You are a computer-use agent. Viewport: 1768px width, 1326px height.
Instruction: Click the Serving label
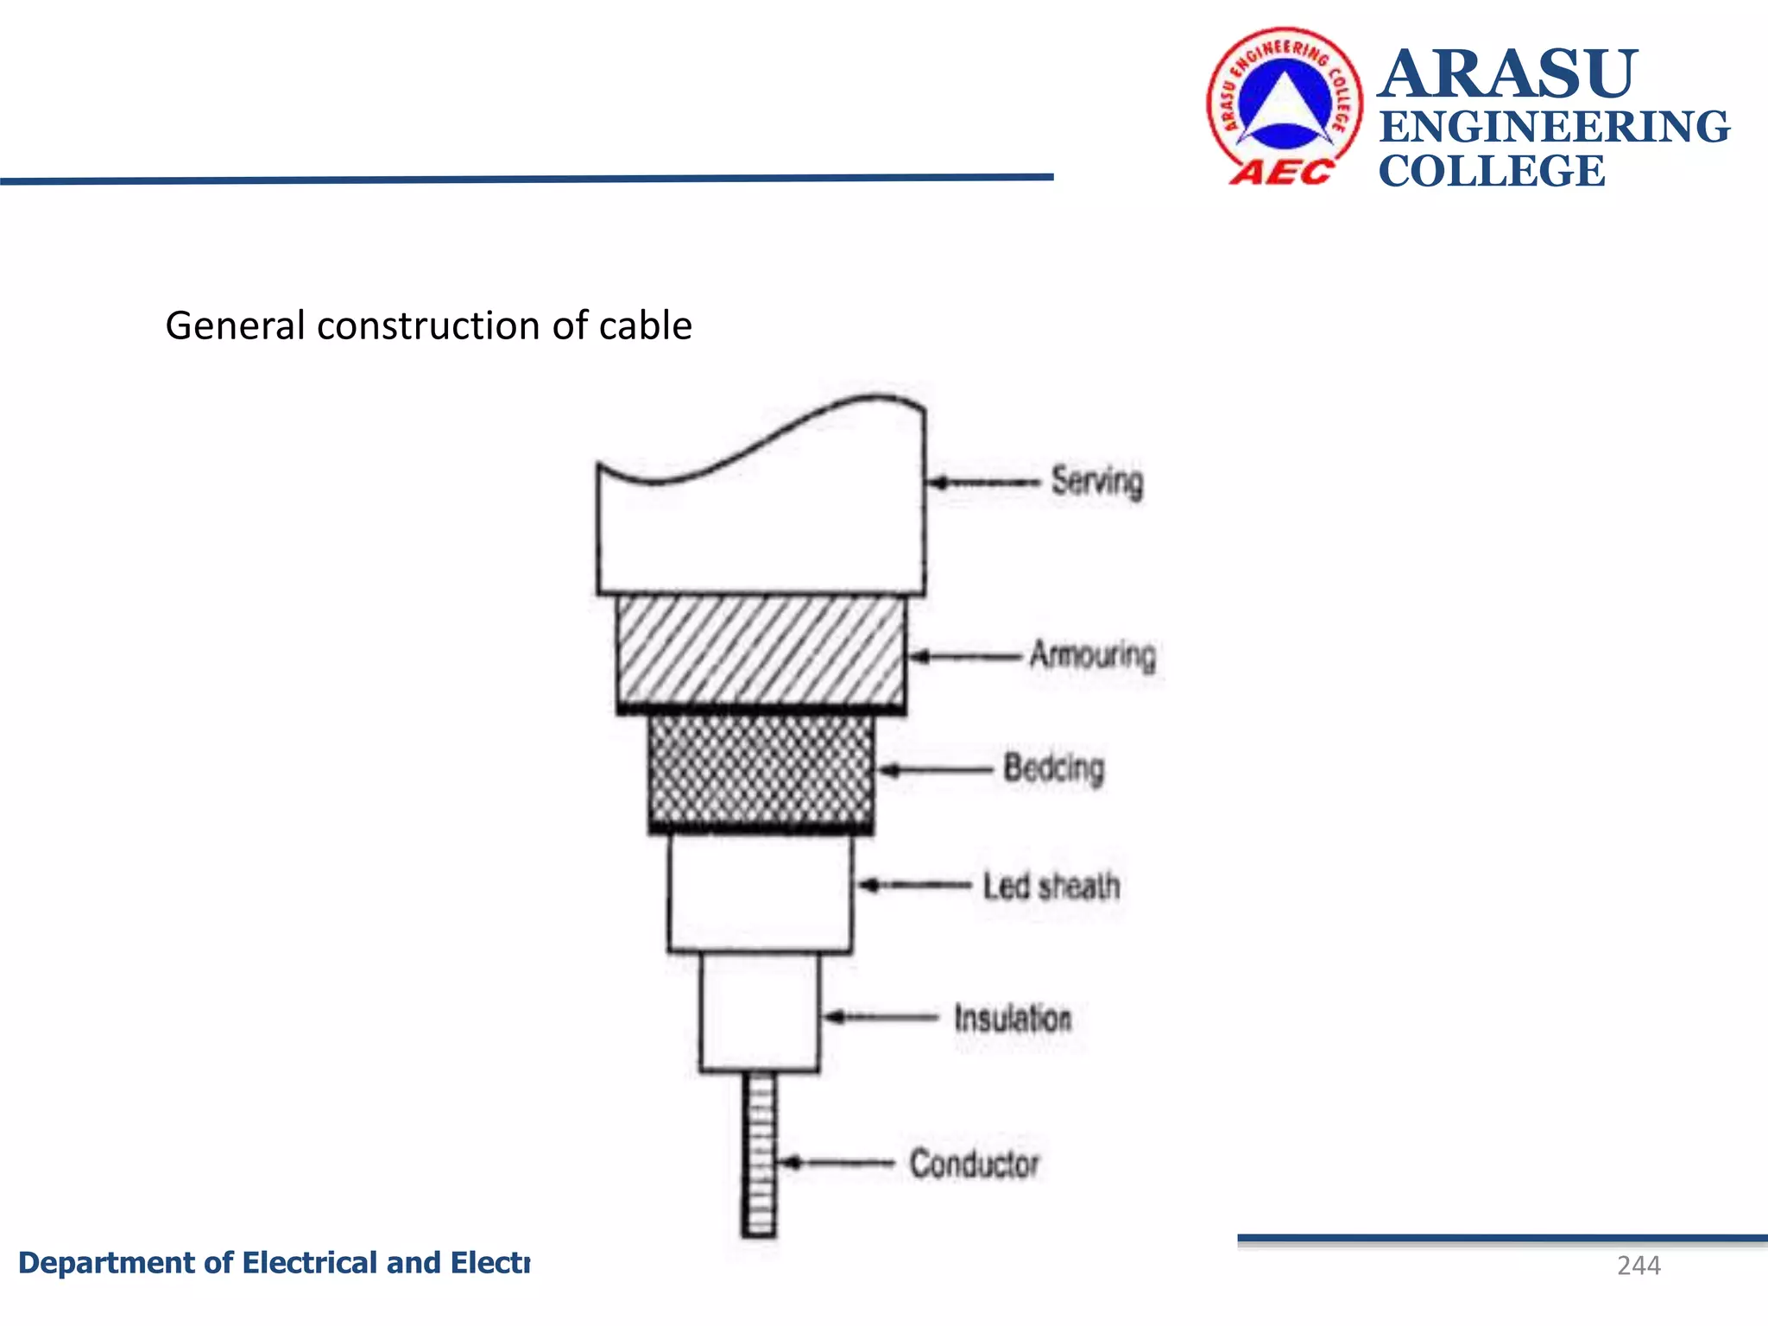1096,482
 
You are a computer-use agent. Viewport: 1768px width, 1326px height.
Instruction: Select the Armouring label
1092,655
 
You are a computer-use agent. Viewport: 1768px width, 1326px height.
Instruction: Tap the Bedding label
1053,767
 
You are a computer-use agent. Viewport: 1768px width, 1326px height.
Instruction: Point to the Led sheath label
1051,886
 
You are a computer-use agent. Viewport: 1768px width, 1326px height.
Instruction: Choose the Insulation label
1013,1018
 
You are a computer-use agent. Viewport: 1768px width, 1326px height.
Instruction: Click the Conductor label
974,1163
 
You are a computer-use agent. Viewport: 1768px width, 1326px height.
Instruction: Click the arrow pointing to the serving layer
984,483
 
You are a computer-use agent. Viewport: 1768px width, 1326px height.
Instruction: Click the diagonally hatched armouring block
761,652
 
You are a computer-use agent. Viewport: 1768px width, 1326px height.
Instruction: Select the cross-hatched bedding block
761,770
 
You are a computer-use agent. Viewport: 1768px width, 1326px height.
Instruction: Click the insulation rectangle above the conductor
759,1012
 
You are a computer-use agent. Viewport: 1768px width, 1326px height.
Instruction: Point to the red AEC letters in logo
1281,172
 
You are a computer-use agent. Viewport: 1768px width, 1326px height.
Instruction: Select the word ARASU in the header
1507,74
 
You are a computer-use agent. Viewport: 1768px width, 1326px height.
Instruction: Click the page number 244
1638,1266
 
